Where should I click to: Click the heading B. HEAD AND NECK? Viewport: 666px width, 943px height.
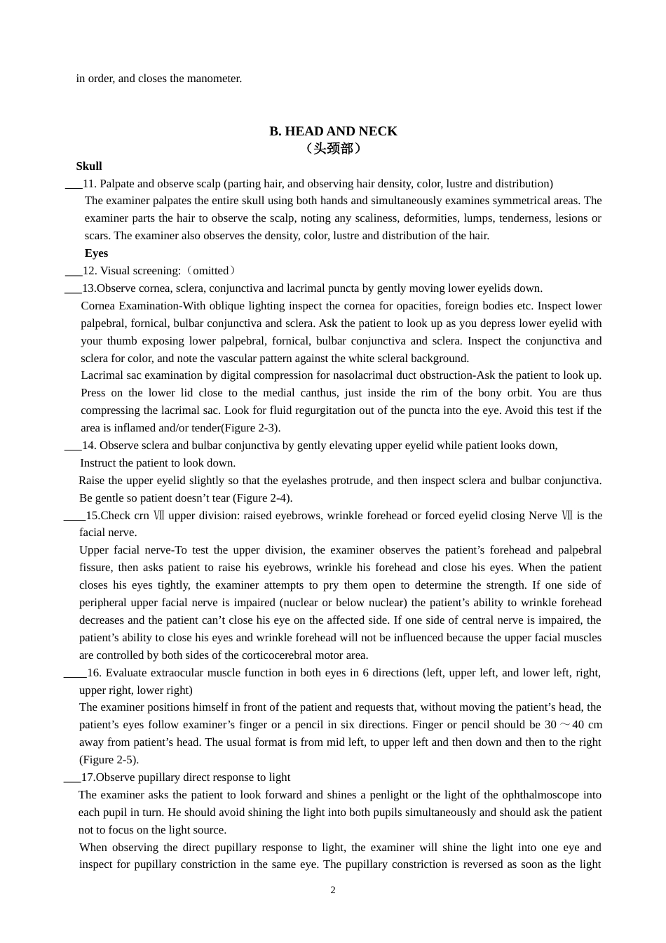(x=333, y=131)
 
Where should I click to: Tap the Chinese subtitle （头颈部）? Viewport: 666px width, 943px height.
(x=333, y=148)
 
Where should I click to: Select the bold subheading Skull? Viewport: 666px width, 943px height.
(x=89, y=166)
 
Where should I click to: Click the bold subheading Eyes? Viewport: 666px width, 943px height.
(x=96, y=253)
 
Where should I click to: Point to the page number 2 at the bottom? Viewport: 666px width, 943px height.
(x=333, y=890)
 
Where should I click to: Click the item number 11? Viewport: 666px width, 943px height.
(x=88, y=184)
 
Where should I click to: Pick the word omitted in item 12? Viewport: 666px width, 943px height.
(x=211, y=271)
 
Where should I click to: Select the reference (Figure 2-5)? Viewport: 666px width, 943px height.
(x=109, y=760)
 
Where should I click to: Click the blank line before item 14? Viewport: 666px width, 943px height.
(x=72, y=446)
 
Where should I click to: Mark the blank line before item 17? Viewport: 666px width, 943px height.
(x=72, y=778)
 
